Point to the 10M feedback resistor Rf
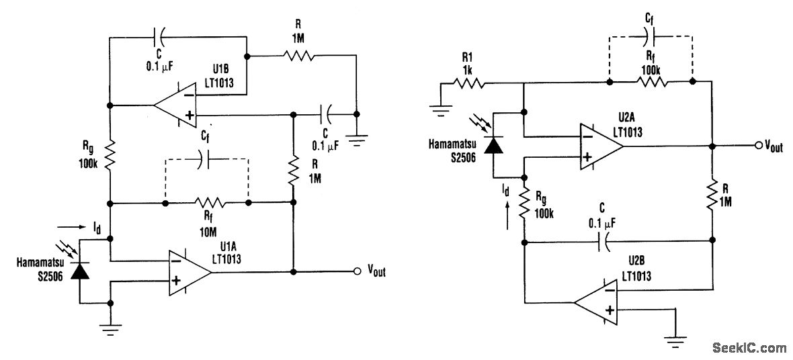(x=207, y=202)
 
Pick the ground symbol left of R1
(x=440, y=111)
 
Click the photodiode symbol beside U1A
(x=80, y=270)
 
